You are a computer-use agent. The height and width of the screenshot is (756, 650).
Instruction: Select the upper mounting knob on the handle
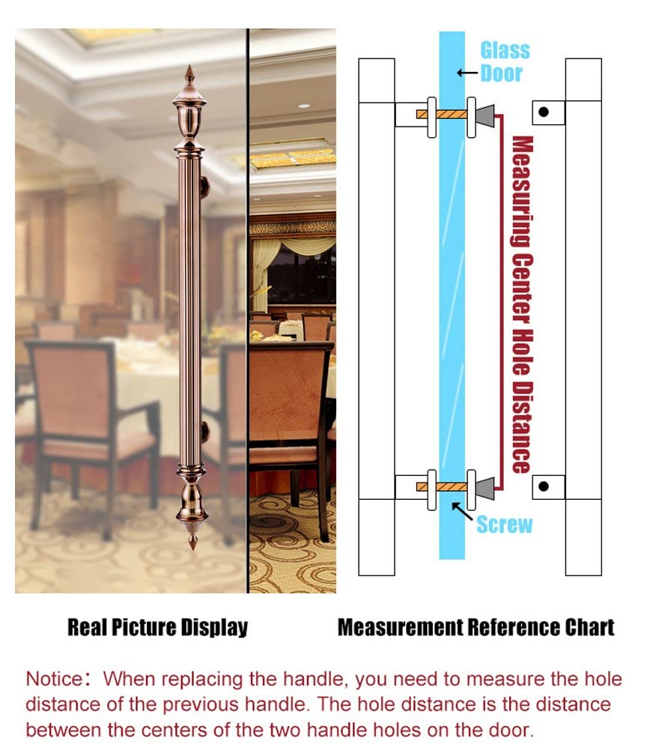click(205, 187)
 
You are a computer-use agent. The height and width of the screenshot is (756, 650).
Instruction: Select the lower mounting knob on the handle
click(205, 432)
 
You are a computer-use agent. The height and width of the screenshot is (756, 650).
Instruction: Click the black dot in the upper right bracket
click(544, 112)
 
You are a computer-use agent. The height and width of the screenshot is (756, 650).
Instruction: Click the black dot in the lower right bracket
click(544, 486)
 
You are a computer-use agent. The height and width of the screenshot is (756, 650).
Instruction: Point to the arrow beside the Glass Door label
click(467, 73)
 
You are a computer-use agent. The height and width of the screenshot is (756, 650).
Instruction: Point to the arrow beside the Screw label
click(461, 510)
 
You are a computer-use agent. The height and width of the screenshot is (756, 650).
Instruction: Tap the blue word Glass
click(505, 50)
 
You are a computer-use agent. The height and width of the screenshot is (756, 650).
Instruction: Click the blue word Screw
click(505, 524)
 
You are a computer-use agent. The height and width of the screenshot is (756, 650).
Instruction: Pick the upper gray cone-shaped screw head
click(485, 115)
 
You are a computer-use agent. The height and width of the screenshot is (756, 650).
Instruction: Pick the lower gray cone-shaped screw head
click(485, 488)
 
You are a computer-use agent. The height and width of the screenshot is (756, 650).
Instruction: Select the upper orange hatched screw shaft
click(442, 115)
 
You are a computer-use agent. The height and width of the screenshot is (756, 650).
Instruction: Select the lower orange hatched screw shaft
click(442, 487)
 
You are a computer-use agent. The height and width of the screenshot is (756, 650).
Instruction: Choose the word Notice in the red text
click(54, 679)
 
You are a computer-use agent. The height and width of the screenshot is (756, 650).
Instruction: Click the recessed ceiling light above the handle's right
click(303, 106)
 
